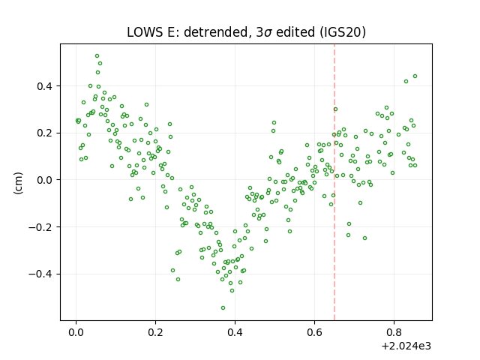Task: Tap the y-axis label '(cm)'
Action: [18, 183]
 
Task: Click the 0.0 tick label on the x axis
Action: [76, 332]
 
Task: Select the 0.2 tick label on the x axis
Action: [155, 332]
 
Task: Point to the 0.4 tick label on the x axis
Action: [235, 332]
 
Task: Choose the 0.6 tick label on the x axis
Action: [314, 332]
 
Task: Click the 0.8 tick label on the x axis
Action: [394, 332]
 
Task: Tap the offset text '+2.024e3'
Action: [406, 346]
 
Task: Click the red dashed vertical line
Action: [334, 182]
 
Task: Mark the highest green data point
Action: [97, 56]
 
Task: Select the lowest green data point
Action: [223, 308]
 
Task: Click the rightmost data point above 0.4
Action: [415, 76]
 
